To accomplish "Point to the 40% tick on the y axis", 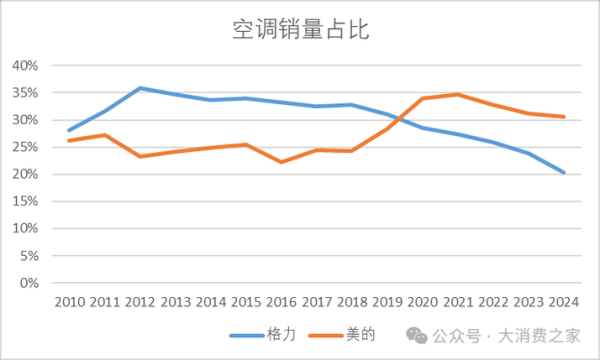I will pyautogui.click(x=23, y=66).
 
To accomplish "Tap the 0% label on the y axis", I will pyautogui.click(x=28, y=284).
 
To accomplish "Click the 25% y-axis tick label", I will pyautogui.click(x=23, y=148).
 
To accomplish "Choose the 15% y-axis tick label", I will pyautogui.click(x=23, y=202).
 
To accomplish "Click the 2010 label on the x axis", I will pyautogui.click(x=69, y=302).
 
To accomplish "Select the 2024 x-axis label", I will pyautogui.click(x=563, y=302).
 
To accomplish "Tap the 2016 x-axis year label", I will pyautogui.click(x=281, y=302).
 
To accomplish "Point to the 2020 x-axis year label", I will pyautogui.click(x=422, y=302).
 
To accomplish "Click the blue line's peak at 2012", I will pyautogui.click(x=140, y=88).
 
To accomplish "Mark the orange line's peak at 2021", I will pyautogui.click(x=458, y=95).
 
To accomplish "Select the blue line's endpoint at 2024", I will pyautogui.click(x=563, y=172).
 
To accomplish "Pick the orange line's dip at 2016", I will pyautogui.click(x=281, y=162).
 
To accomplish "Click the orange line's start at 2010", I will pyautogui.click(x=69, y=141).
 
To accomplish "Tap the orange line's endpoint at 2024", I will pyautogui.click(x=563, y=117).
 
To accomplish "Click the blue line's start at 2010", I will pyautogui.click(x=69, y=130).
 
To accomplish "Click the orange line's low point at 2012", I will pyautogui.click(x=140, y=156).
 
